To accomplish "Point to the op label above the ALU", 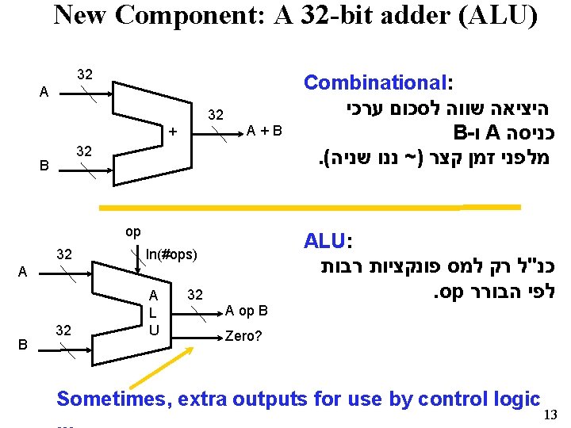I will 133,231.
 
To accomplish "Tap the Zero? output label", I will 243,335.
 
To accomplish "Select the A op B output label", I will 247,310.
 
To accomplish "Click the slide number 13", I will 553,414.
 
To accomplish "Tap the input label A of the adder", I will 44,92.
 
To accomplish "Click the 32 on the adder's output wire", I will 216,115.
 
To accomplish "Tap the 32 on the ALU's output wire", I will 194,295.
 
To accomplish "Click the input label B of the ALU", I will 22,345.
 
